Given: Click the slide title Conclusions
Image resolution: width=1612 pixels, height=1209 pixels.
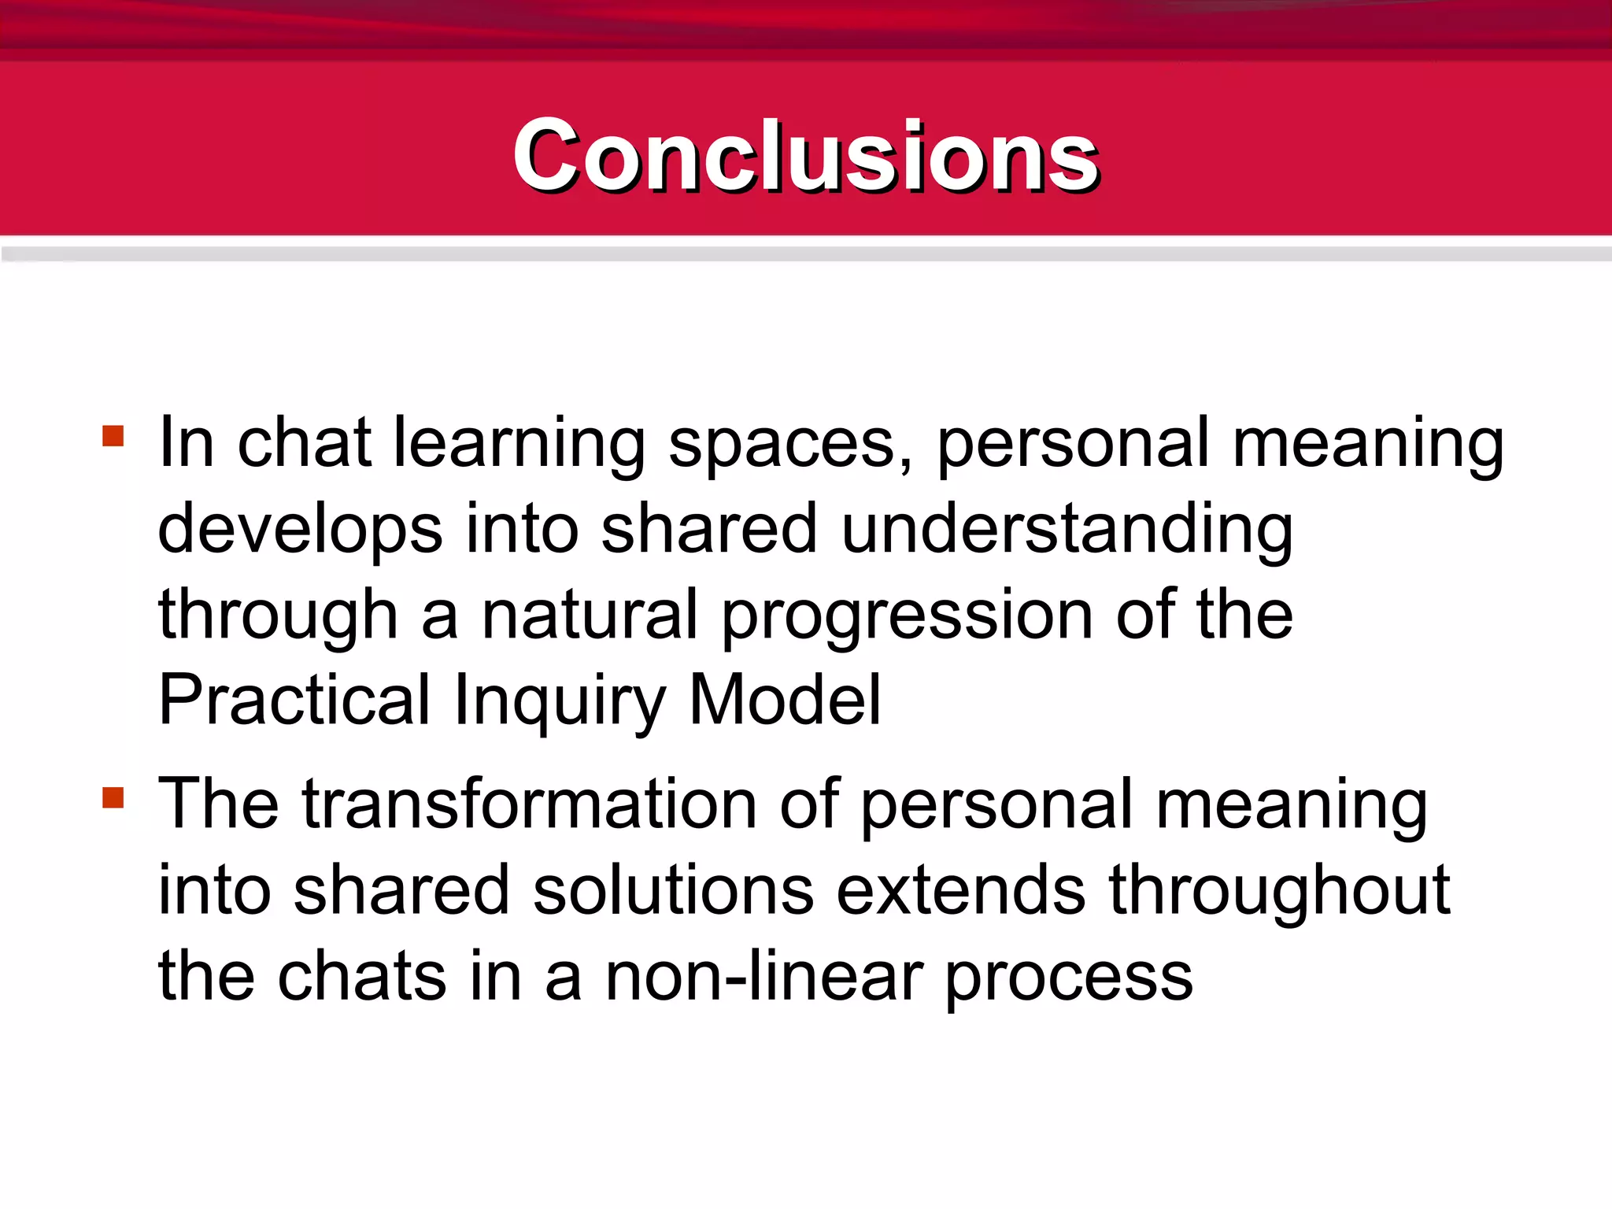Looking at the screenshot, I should point(805,155).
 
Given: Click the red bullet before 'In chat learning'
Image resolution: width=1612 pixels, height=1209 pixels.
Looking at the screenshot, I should point(113,436).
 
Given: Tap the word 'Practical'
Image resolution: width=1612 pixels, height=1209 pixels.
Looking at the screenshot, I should point(295,700).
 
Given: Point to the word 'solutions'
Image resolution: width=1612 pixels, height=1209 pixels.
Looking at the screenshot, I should point(673,890).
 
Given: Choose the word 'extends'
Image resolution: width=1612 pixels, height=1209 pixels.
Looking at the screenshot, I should point(960,890).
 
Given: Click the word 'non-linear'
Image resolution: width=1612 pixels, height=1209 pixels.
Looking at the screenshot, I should point(763,977).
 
